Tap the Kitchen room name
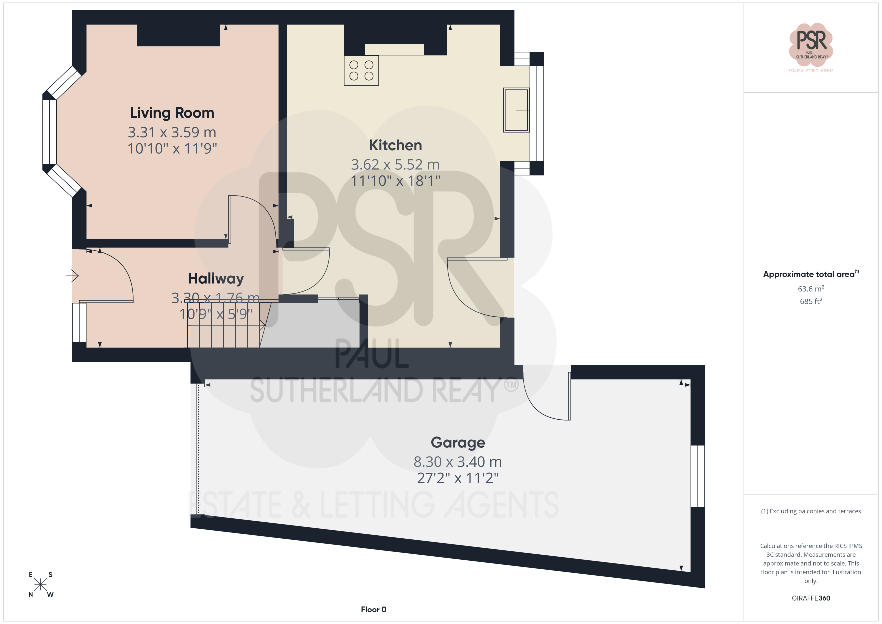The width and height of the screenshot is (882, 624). (x=395, y=145)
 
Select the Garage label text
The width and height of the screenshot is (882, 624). (x=458, y=443)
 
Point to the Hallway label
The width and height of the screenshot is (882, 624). (x=216, y=278)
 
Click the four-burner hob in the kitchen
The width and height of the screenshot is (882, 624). (x=361, y=70)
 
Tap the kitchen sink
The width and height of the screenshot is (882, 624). (x=516, y=110)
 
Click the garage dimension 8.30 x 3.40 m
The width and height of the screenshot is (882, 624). (x=457, y=461)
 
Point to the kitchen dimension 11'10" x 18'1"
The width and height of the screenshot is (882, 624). (x=395, y=180)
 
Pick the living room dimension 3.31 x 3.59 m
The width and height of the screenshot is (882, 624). (x=172, y=132)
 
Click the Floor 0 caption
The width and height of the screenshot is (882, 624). (x=373, y=609)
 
